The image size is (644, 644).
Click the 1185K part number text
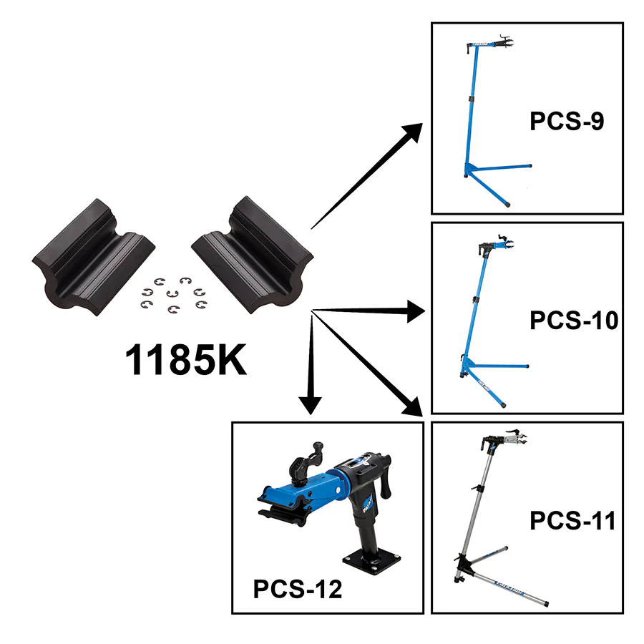point(185,360)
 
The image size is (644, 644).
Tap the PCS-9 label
point(567,121)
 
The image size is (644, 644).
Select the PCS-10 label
point(574,321)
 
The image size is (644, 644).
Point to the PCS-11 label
point(572,521)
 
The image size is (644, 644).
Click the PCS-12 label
point(298,589)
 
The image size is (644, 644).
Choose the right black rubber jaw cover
point(253,255)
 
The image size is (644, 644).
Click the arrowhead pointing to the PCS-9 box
point(411,133)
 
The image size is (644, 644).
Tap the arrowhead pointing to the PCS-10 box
point(415,311)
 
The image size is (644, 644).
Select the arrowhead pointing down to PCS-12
point(310,406)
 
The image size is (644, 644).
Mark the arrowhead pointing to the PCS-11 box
point(412,406)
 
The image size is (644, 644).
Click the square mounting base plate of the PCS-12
point(371,560)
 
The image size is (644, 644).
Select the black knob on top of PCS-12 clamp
point(318,447)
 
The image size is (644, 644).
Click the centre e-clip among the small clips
point(172,293)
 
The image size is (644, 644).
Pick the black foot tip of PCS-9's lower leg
point(507,203)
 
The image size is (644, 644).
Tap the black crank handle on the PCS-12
point(386,477)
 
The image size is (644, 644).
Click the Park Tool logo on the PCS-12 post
point(368,504)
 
